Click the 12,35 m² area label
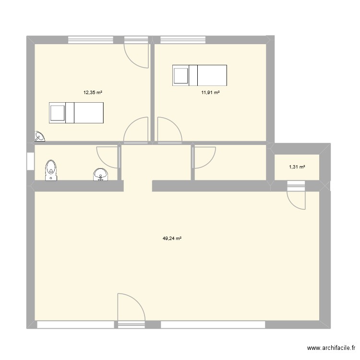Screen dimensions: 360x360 pos(93,93)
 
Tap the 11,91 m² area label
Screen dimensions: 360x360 pos(210,93)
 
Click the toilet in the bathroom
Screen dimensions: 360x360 pos(51,171)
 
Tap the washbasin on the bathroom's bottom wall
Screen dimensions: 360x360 pos(100,174)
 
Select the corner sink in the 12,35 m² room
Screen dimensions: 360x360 pos(39,137)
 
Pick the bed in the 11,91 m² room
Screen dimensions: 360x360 pos(200,74)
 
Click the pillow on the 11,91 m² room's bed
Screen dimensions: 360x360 pos(180,75)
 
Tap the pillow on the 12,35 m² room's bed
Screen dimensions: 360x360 pos(57,113)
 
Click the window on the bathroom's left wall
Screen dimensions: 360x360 pos(30,160)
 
